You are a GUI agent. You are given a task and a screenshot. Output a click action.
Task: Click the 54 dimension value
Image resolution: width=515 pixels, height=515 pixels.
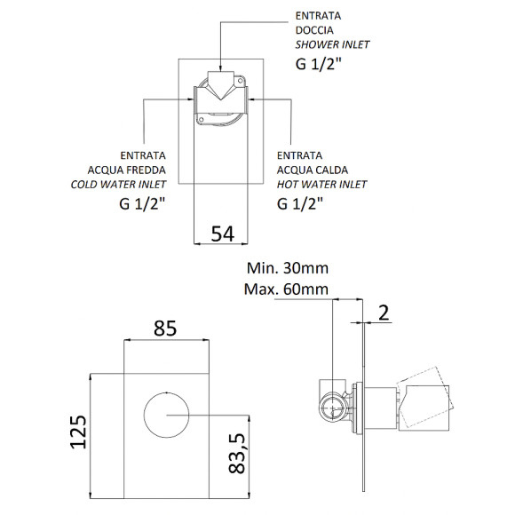click(223, 234)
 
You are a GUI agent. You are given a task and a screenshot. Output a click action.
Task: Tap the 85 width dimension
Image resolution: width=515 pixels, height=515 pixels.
click(165, 329)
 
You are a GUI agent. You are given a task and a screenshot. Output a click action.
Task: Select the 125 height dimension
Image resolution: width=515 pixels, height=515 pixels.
click(78, 432)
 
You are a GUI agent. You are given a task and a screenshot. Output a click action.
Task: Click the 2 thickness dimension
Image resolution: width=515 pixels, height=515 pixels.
click(384, 313)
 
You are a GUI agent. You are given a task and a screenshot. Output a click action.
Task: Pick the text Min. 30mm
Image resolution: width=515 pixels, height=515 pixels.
click(288, 268)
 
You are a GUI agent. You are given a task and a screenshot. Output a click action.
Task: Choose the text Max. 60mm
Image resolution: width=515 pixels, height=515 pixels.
click(286, 289)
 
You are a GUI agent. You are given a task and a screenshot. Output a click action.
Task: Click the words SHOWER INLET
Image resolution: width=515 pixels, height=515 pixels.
click(332, 44)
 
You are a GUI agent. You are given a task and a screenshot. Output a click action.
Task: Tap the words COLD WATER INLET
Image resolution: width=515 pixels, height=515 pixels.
click(118, 185)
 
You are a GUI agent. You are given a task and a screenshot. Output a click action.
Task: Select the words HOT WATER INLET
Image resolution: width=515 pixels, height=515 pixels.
click(321, 185)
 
